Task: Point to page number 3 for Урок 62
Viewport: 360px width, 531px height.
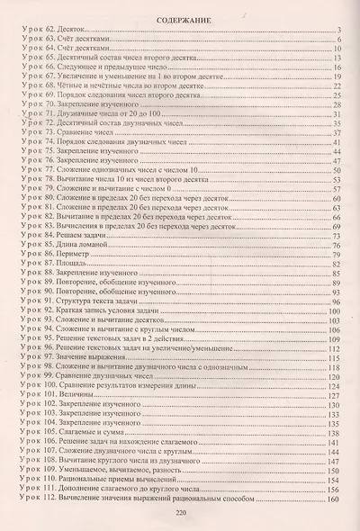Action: [x=340, y=31]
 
